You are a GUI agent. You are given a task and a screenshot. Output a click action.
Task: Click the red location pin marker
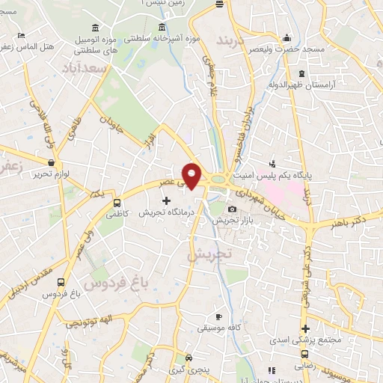(192, 175)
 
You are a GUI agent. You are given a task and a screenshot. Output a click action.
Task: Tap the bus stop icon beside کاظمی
(116, 202)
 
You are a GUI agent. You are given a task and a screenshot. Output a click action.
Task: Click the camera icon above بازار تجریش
(233, 209)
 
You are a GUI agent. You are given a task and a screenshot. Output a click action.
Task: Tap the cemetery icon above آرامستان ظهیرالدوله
(301, 73)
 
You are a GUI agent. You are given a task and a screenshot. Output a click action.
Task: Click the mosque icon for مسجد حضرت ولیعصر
(287, 38)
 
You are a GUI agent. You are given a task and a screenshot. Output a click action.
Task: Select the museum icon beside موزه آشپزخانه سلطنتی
(161, 29)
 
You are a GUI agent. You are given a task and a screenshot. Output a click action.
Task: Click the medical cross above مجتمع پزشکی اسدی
(305, 328)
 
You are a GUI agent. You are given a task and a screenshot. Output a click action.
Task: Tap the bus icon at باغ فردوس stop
(60, 283)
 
